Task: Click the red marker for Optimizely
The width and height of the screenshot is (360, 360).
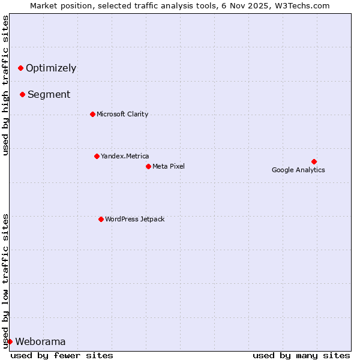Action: [20, 68]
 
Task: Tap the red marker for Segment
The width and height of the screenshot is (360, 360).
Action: [22, 94]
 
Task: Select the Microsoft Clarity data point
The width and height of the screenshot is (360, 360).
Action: [92, 114]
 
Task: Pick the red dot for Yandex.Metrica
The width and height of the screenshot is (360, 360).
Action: [97, 156]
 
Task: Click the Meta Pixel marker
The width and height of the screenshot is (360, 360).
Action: [148, 166]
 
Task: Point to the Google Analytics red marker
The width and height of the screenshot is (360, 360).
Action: [314, 161]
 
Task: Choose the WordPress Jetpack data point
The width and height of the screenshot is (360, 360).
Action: [101, 219]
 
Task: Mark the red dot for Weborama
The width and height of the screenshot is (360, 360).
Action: [10, 341]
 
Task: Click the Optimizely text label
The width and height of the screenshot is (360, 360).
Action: [51, 68]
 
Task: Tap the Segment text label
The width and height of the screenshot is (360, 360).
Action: [49, 94]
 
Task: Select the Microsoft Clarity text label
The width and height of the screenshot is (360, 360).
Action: [122, 114]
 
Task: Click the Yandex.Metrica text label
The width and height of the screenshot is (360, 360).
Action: [125, 156]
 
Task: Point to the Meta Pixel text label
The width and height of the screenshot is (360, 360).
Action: [169, 166]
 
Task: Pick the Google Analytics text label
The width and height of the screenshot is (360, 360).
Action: [298, 170]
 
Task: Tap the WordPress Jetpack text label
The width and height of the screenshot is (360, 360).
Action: [134, 219]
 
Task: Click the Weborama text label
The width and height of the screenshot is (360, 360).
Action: [40, 342]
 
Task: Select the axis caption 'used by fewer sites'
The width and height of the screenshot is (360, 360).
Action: [62, 355]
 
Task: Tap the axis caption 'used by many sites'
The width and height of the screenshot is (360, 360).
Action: [301, 355]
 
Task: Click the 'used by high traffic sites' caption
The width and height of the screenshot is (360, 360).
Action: [6, 85]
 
